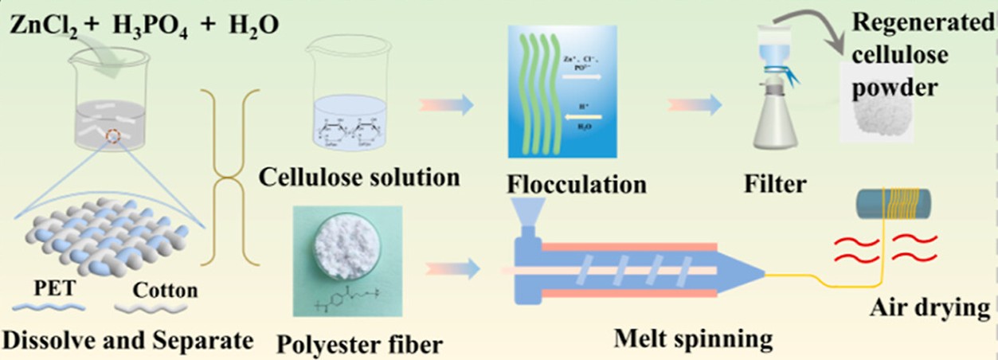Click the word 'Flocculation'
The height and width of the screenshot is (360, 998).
click(x=576, y=184)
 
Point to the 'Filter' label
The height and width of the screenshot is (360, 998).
click(x=775, y=184)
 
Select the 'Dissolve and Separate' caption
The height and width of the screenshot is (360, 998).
click(x=128, y=341)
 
